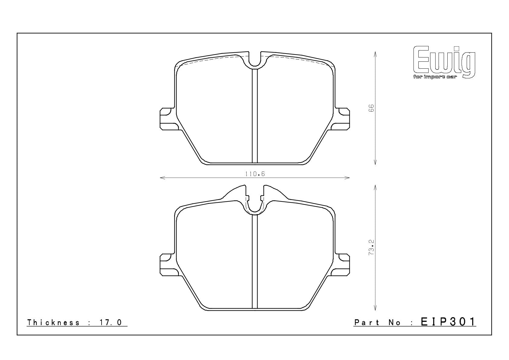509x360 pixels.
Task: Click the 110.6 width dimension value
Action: [255, 174]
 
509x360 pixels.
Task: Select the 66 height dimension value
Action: [371, 108]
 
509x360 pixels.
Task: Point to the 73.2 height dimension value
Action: [371, 247]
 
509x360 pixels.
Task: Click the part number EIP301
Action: [448, 322]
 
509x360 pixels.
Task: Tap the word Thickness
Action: [53, 322]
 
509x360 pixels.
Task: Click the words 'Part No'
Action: [378, 322]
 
